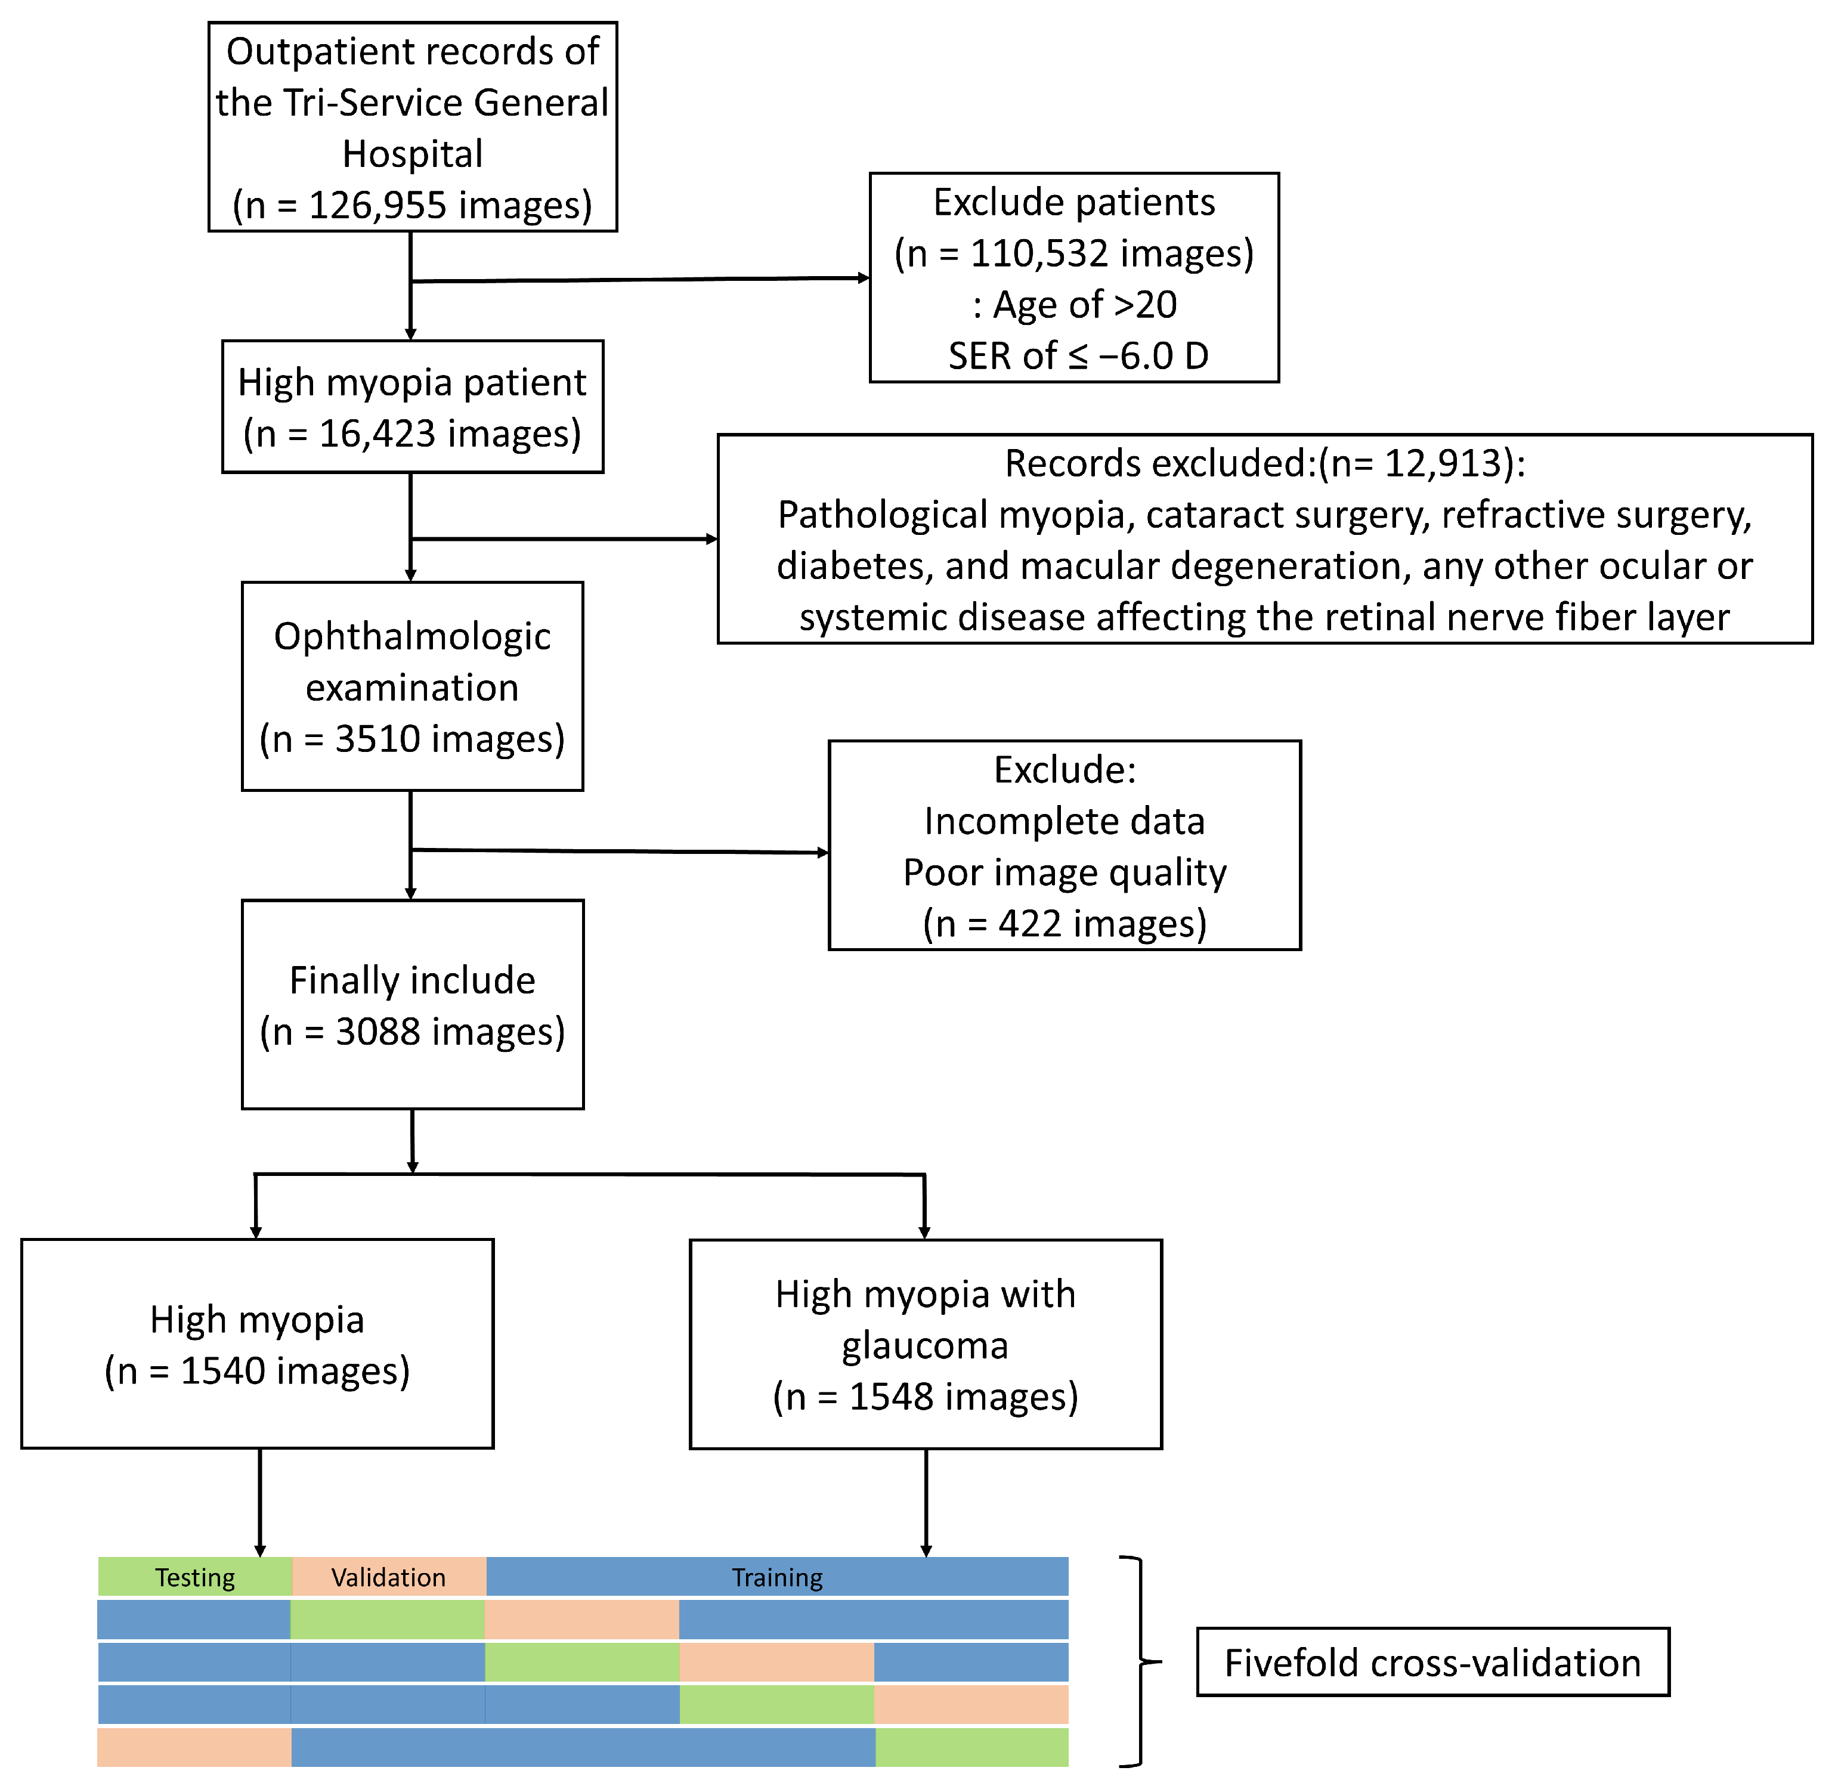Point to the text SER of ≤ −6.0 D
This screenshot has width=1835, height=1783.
(x=1077, y=356)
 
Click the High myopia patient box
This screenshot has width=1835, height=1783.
(x=412, y=407)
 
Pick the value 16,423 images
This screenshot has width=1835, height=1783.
(x=412, y=434)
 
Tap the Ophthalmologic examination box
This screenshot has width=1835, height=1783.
(x=412, y=686)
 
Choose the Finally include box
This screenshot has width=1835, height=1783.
(x=412, y=1005)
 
